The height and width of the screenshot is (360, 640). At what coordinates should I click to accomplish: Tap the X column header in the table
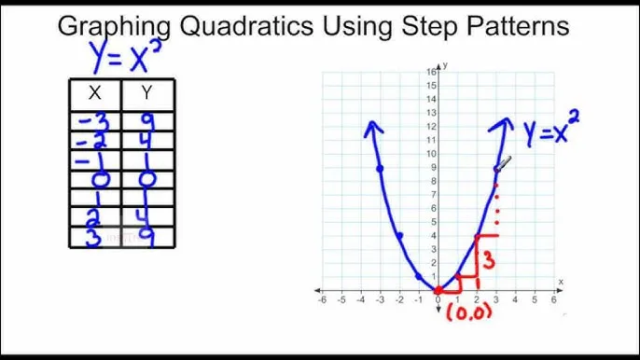(x=94, y=92)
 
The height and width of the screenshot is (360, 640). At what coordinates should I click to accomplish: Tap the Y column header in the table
(x=147, y=92)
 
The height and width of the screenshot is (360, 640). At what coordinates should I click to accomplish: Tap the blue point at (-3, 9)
(x=380, y=169)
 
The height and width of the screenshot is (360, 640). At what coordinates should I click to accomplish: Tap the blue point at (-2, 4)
(x=399, y=236)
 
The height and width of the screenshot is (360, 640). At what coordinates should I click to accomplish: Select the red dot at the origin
(x=438, y=290)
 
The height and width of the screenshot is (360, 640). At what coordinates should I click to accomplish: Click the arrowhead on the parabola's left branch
(x=372, y=129)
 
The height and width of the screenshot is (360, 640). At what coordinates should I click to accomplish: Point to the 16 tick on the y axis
(x=432, y=72)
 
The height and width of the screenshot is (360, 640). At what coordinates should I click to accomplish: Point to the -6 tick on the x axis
(x=322, y=300)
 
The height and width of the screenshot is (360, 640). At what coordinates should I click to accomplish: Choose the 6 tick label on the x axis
(x=554, y=300)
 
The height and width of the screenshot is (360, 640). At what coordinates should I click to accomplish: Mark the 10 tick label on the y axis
(x=432, y=154)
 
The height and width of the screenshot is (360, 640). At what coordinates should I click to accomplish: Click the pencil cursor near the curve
(x=504, y=164)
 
